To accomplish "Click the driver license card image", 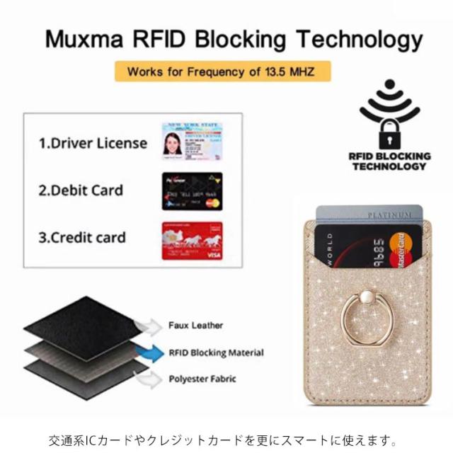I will [192, 140].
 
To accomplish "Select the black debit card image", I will [192, 190].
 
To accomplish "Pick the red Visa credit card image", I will [192, 241].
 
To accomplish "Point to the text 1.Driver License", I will [93, 143].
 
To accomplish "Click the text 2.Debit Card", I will [80, 190].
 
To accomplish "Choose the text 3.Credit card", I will [82, 237].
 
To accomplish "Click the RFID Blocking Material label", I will [216, 352].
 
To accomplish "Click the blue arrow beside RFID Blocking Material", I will [151, 353].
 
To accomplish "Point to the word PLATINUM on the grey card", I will [389, 214].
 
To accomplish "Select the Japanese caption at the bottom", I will [226, 437].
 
